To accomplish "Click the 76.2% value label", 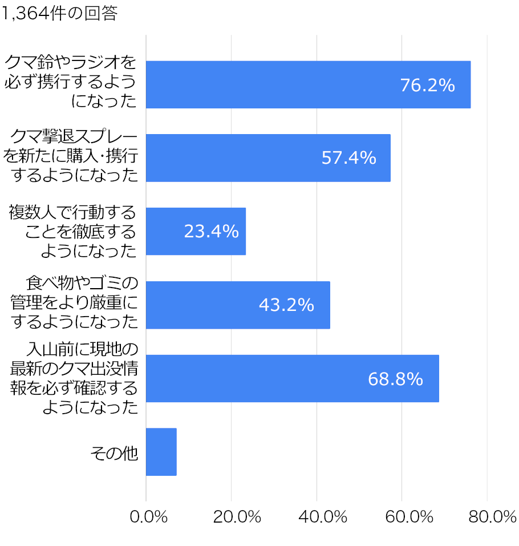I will [427, 85].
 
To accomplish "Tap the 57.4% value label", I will [348, 158].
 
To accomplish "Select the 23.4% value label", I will [211, 231].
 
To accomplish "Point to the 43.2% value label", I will [286, 305].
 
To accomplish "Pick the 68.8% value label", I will [395, 378].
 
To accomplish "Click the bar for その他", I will [161, 451].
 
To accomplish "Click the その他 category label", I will [114, 453].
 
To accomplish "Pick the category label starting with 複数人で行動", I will [73, 232].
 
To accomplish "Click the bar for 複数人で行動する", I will [196, 231].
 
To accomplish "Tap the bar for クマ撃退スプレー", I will [268, 158].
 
